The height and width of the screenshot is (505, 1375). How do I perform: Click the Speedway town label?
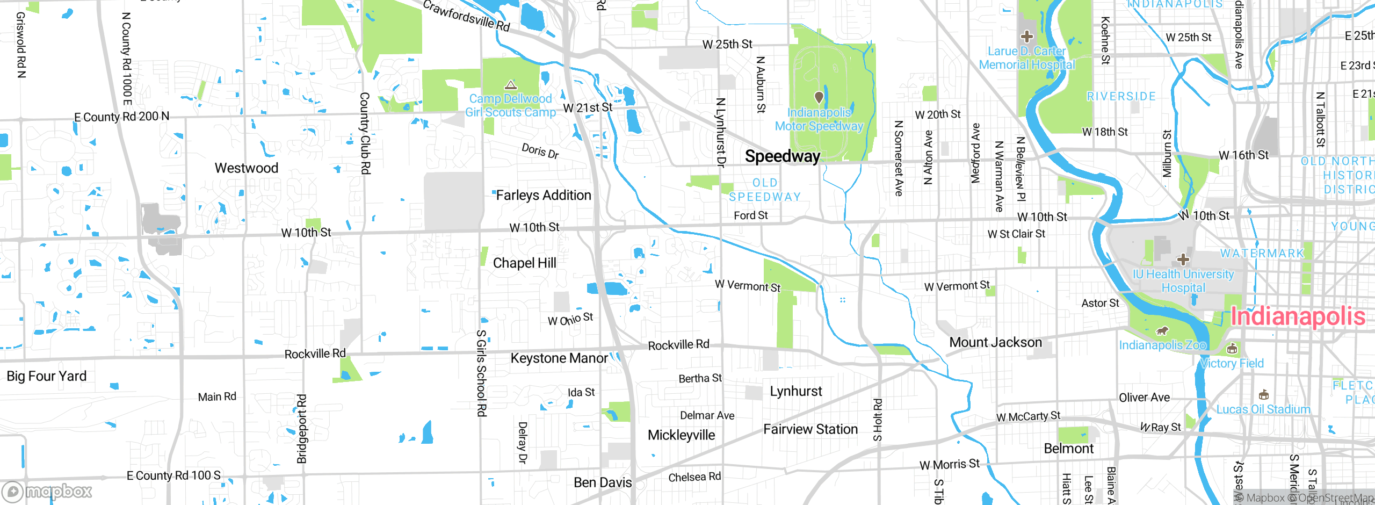click(x=782, y=156)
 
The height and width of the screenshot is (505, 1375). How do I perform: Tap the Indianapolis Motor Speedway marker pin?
click(x=819, y=97)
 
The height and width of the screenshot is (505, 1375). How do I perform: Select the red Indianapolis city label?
click(x=1297, y=316)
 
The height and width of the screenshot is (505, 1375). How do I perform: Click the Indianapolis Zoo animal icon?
click(x=1162, y=330)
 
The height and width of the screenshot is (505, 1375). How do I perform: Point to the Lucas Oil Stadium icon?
click(x=1263, y=395)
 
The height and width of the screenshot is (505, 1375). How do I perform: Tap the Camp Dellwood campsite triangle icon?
click(x=510, y=85)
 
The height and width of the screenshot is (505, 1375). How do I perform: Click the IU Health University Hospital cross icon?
click(x=1183, y=260)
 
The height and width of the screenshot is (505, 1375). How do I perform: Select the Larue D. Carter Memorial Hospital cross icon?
click(x=1027, y=37)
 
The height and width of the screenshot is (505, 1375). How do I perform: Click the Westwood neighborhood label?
click(x=247, y=168)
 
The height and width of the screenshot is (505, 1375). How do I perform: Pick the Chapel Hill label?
click(x=524, y=263)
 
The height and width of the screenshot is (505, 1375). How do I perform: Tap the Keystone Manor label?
click(x=559, y=358)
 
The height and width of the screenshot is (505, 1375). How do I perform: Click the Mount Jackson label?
click(x=995, y=343)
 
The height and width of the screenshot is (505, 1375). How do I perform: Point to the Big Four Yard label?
click(x=46, y=376)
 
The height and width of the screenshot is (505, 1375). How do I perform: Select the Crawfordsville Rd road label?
click(x=466, y=16)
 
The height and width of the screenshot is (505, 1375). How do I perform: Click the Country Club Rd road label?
click(x=365, y=133)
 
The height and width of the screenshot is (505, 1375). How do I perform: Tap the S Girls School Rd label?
click(x=481, y=373)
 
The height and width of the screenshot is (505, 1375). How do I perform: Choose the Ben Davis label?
click(x=603, y=482)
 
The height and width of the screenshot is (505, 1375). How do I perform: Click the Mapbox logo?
click(x=47, y=492)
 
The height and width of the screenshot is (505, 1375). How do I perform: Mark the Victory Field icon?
click(x=1232, y=349)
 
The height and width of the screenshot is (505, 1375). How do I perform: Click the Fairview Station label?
click(x=810, y=429)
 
